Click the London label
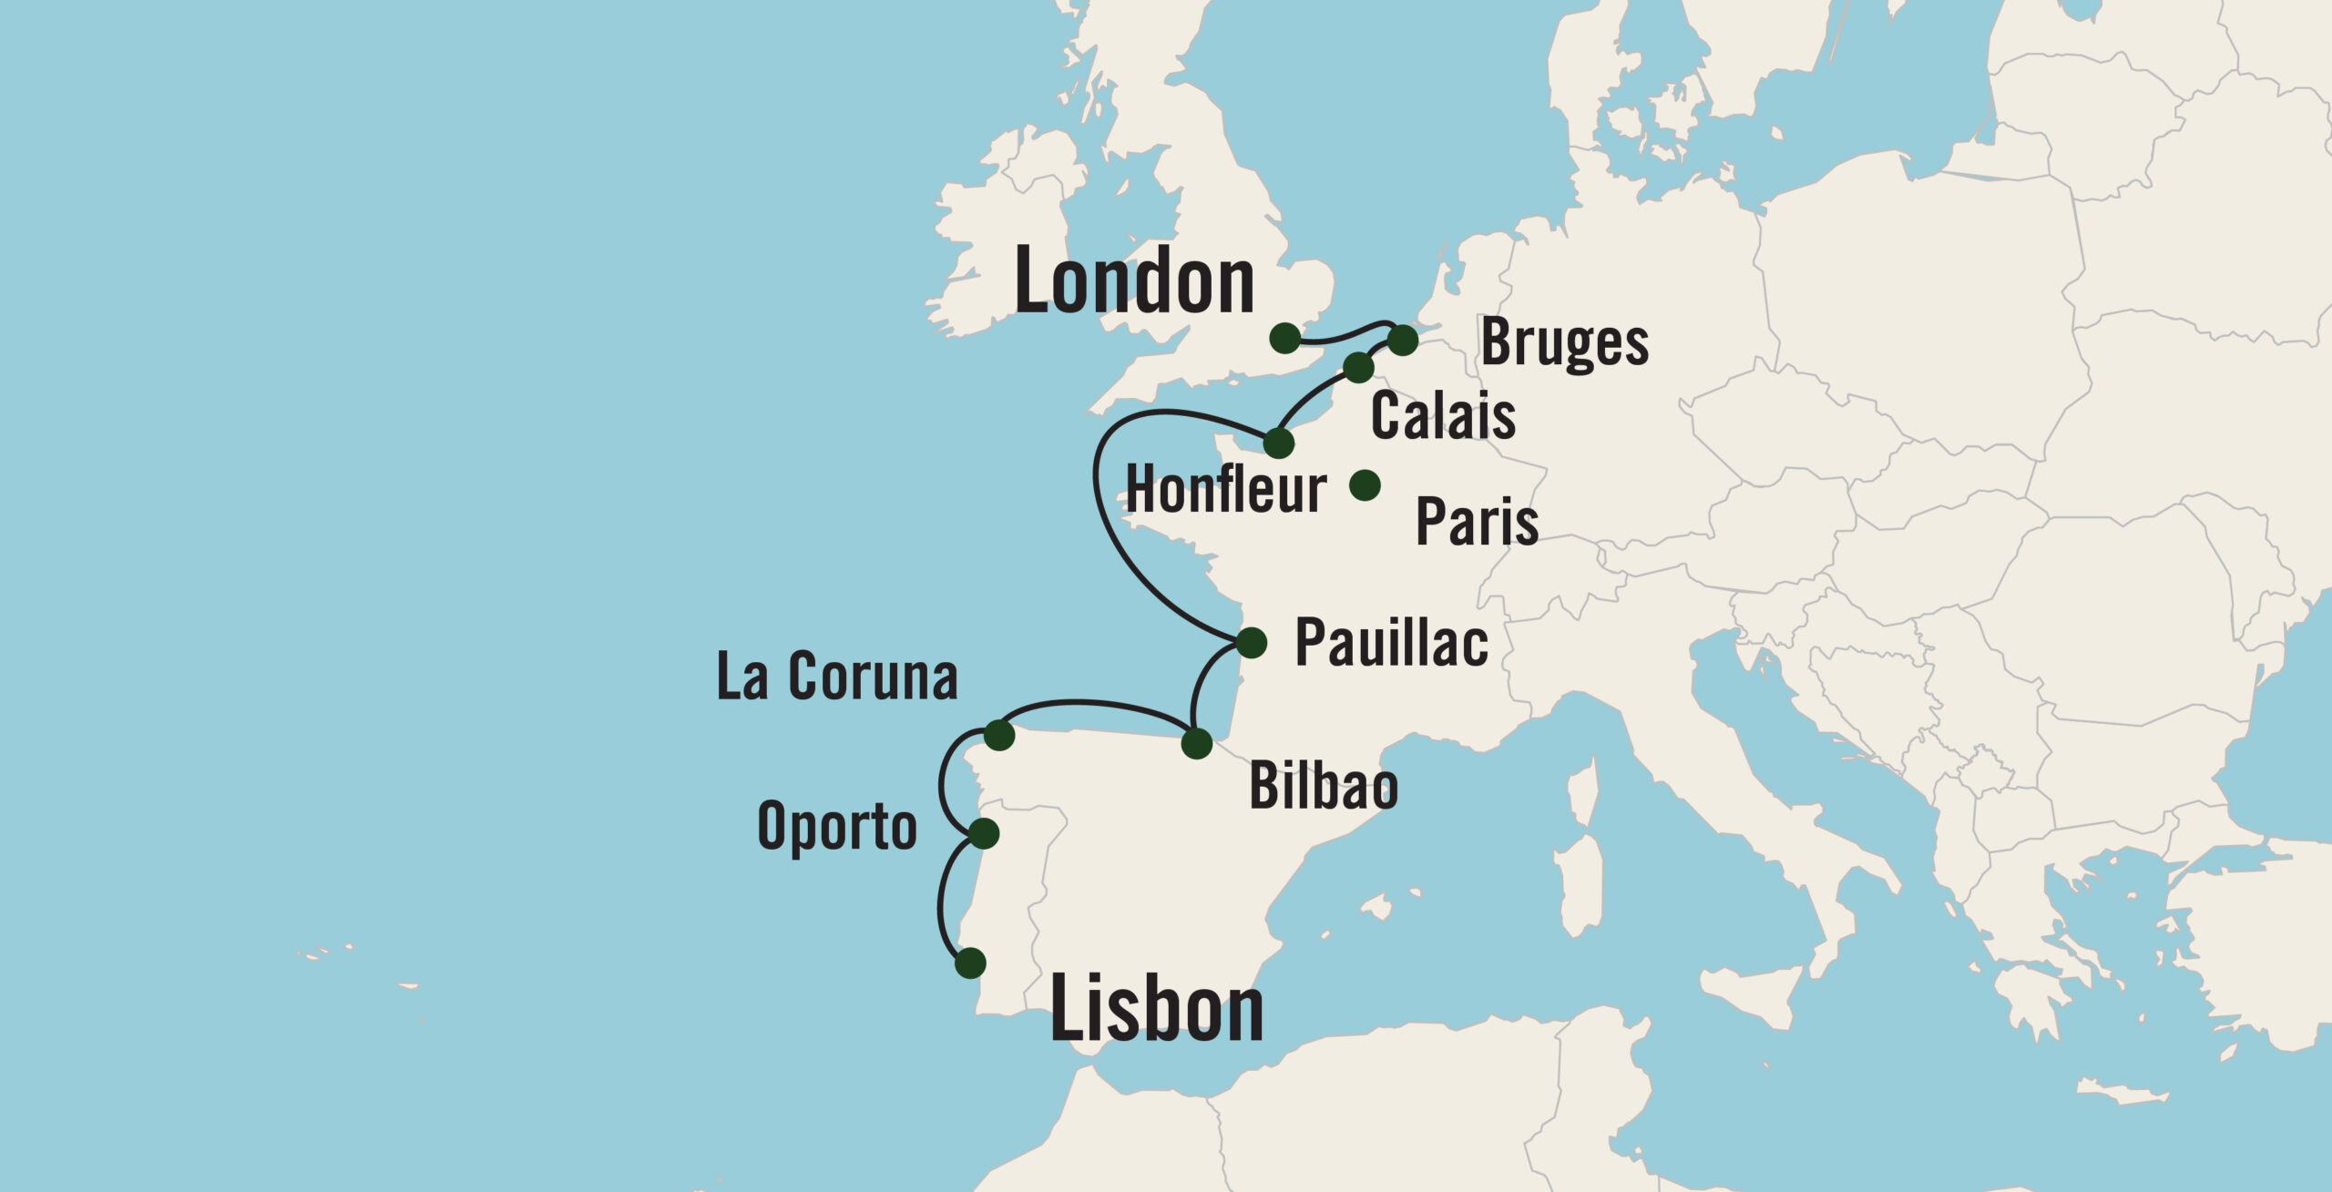point(1134,282)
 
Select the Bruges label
point(1564,343)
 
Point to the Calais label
point(1443,416)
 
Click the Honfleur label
point(1226,491)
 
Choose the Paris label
point(1477,522)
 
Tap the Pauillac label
point(1391,643)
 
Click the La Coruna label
point(837,678)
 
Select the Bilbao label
point(1323,787)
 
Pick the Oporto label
point(836,827)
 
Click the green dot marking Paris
point(1365,485)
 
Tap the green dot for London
point(1284,338)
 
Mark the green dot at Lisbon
point(971,963)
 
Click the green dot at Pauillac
point(1252,642)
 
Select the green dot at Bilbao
point(1196,744)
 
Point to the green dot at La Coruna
point(999,735)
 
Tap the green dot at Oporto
point(984,833)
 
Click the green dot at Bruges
point(1403,341)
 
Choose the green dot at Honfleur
point(1279,443)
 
